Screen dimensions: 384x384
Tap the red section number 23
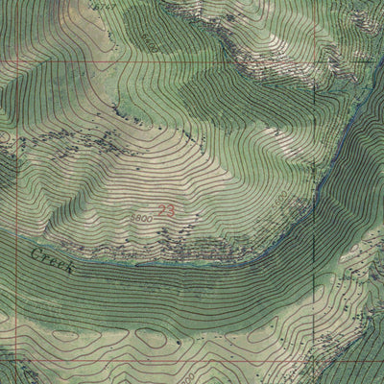165,210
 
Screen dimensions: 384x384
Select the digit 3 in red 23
170,210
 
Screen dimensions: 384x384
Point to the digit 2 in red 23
161,210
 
